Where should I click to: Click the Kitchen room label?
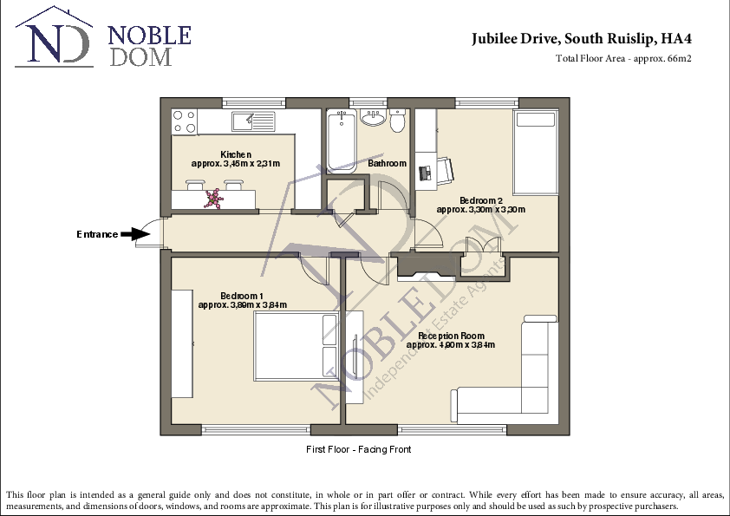click(x=236, y=154)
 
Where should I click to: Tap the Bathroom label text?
click(x=387, y=163)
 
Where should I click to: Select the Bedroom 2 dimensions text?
click(x=480, y=210)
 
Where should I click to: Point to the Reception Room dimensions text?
click(x=451, y=345)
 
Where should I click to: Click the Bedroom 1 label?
click(x=242, y=295)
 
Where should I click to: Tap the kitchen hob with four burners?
click(x=184, y=121)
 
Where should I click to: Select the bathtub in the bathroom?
click(x=340, y=139)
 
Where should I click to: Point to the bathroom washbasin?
click(x=374, y=118)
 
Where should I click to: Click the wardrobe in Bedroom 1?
click(x=181, y=342)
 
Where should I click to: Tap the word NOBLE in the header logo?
click(x=148, y=36)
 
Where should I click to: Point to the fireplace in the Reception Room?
click(x=424, y=270)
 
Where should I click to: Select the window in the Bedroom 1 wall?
click(x=254, y=428)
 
